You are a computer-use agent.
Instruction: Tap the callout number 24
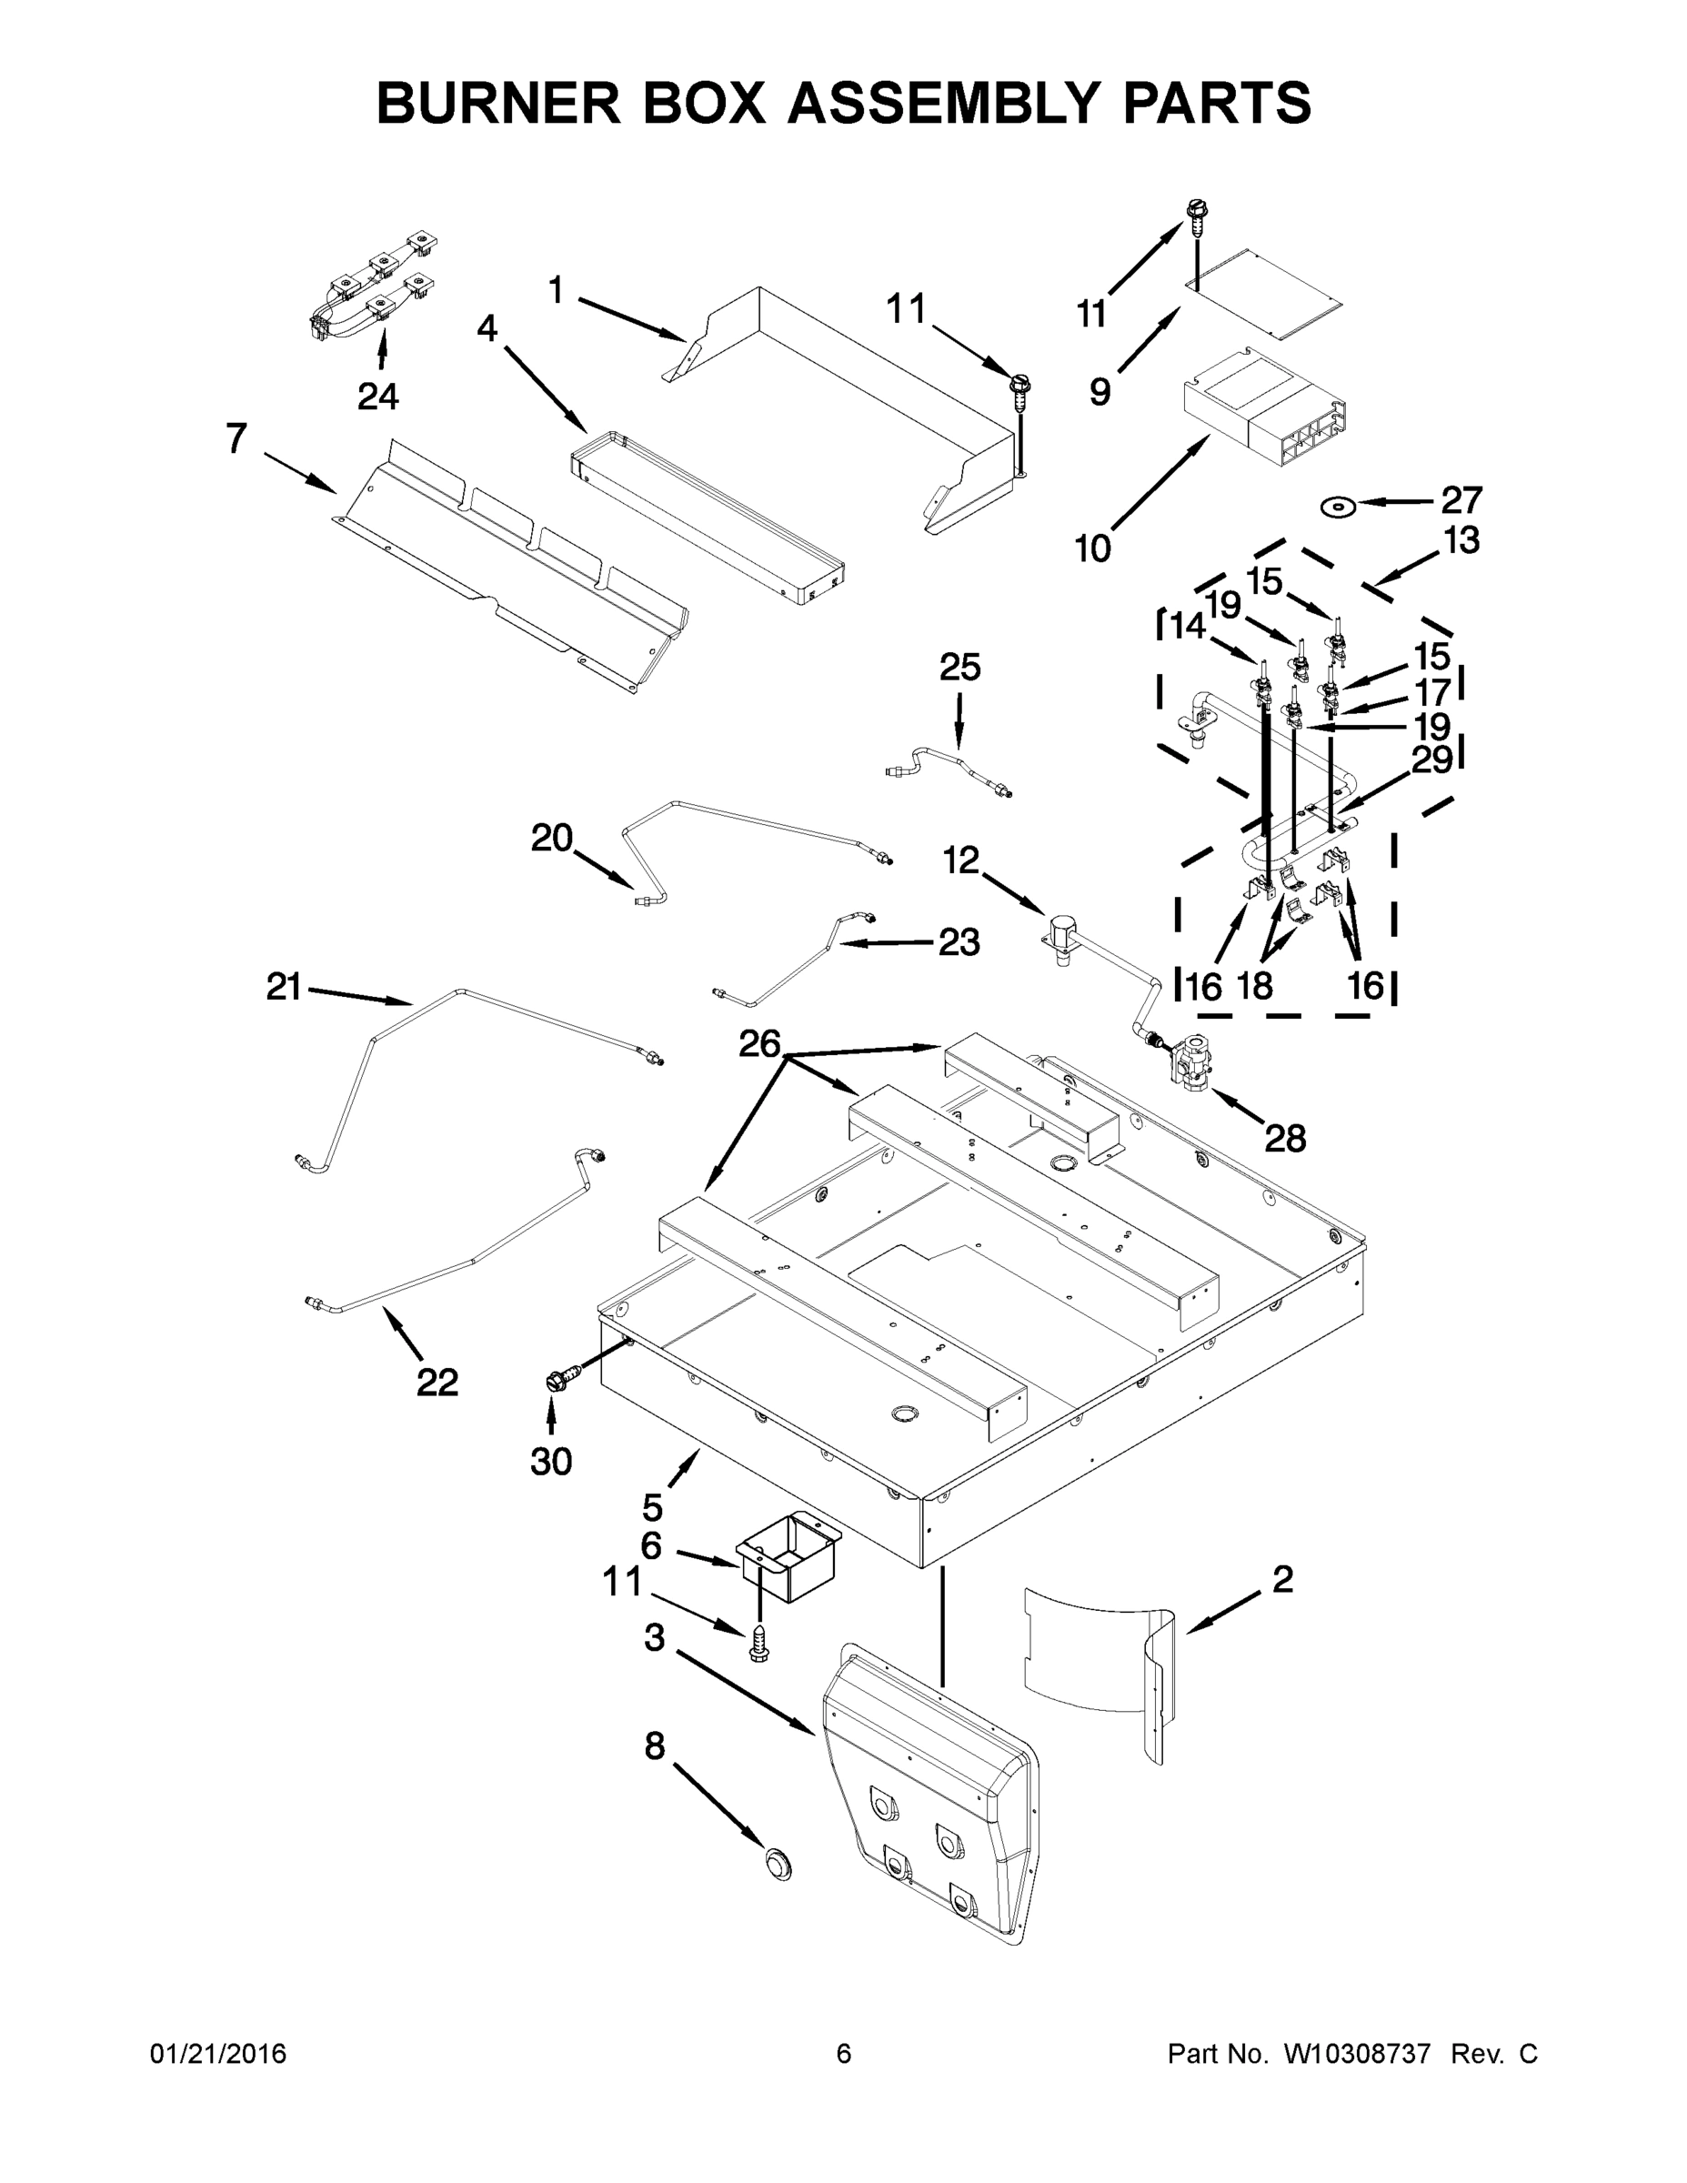[377, 397]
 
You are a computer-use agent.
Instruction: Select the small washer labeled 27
[1337, 507]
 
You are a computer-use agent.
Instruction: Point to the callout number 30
[551, 1462]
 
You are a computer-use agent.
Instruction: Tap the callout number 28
[1285, 1138]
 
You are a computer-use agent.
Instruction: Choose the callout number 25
[959, 668]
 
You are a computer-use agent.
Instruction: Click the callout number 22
[437, 1383]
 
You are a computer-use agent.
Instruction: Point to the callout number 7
[236, 438]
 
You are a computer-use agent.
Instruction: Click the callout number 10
[1092, 548]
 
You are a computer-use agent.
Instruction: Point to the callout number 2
[1282, 1579]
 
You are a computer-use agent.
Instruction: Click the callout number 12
[961, 860]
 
